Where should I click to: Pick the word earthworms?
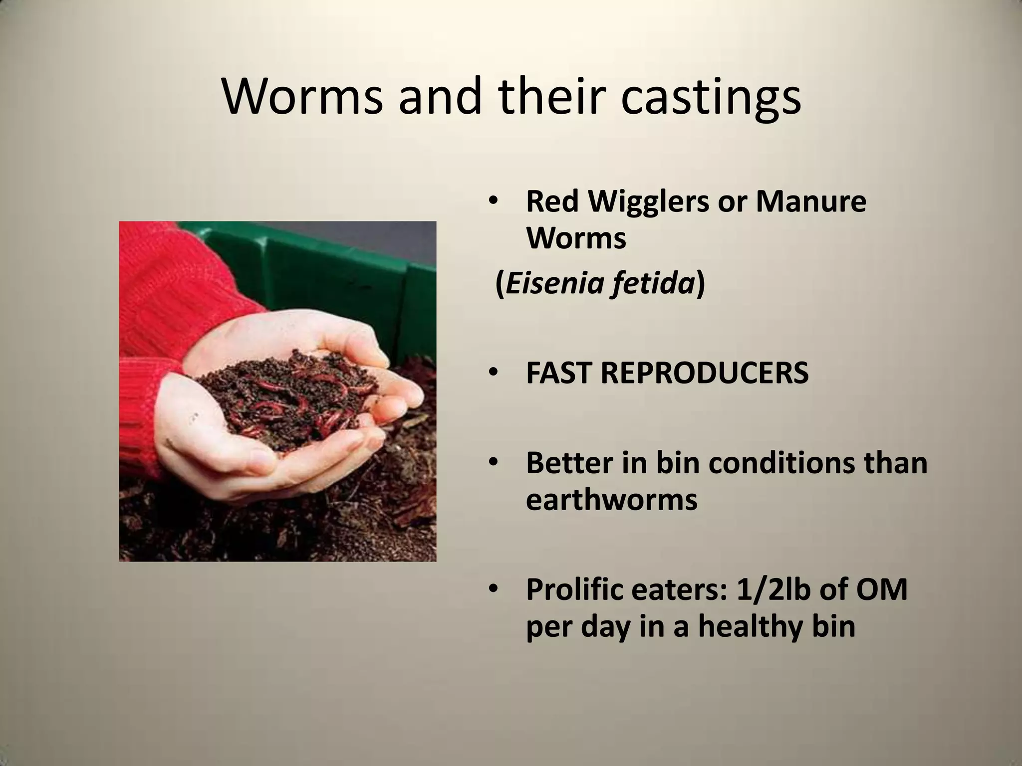(611, 499)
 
